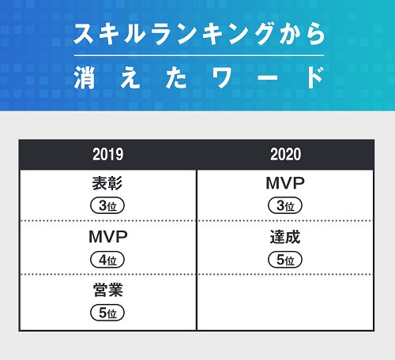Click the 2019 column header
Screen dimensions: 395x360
[108, 155]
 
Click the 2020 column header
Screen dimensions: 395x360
[286, 155]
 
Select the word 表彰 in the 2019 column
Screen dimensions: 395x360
[107, 183]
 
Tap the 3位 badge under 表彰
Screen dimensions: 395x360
[107, 205]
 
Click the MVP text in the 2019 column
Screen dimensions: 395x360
[108, 237]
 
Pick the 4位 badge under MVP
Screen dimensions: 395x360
[107, 260]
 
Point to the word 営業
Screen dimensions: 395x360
[108, 291]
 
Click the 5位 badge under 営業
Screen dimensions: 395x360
[107, 313]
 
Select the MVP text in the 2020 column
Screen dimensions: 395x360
[285, 183]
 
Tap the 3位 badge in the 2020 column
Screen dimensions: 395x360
[285, 205]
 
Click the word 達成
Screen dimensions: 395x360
[285, 237]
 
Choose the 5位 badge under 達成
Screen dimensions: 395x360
[285, 260]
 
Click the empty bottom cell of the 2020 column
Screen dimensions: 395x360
[285, 302]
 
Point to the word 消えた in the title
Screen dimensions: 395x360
[130, 78]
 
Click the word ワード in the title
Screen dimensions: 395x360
[269, 78]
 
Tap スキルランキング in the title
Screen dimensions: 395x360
[174, 34]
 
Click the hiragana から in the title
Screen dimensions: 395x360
[303, 34]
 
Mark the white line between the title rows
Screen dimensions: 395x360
[199, 55]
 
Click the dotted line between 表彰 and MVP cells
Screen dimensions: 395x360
[108, 221]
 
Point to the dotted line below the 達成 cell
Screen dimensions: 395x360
[285, 274]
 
